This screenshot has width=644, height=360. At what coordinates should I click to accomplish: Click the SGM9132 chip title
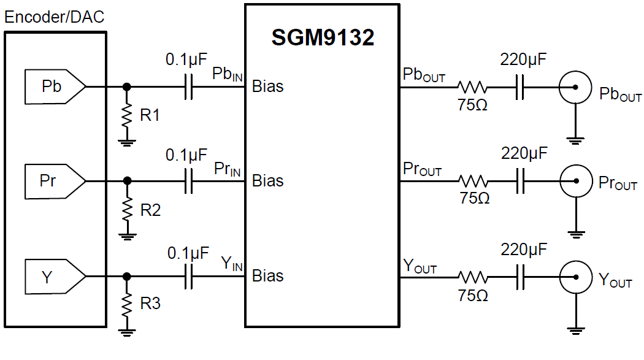click(x=323, y=38)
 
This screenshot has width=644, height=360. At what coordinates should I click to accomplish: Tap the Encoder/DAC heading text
click(x=54, y=17)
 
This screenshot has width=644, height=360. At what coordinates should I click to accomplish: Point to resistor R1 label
click(x=150, y=115)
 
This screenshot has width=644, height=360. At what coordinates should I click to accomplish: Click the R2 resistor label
click(x=150, y=210)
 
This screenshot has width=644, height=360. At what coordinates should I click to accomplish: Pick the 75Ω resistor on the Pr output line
click(x=473, y=181)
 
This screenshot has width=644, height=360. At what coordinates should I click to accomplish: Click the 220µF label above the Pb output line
click(x=523, y=60)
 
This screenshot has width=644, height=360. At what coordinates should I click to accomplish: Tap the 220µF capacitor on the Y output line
click(x=522, y=277)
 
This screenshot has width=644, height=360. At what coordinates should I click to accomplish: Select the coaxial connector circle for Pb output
click(x=575, y=86)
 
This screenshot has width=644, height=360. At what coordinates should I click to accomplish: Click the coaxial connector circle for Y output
click(x=575, y=277)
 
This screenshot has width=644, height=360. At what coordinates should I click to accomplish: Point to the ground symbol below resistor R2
click(x=128, y=236)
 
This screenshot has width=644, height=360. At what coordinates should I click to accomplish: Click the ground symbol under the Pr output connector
click(x=575, y=233)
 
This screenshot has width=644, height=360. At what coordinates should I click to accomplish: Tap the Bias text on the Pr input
click(x=268, y=181)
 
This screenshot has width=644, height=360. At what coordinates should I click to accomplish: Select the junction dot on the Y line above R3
click(x=128, y=277)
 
